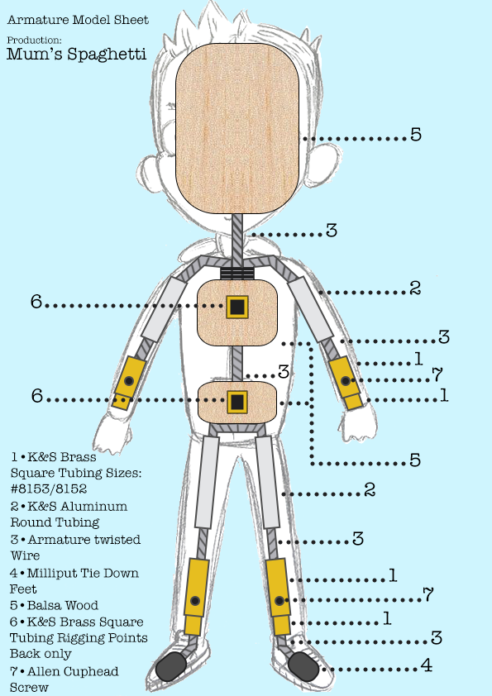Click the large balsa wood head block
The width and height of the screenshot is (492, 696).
click(x=237, y=129)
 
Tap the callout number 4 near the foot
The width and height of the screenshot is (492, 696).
click(x=427, y=665)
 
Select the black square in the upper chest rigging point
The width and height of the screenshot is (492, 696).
click(x=237, y=307)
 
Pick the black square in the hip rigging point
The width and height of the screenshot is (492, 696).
click(x=237, y=402)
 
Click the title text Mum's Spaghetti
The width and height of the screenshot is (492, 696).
click(x=76, y=55)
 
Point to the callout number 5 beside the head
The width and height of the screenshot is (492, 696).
click(x=416, y=135)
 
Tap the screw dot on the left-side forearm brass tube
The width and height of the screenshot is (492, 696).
click(x=129, y=380)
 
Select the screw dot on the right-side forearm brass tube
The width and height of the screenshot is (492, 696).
click(x=346, y=380)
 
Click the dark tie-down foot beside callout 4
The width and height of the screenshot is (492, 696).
click(x=303, y=665)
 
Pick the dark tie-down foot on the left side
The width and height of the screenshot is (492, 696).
click(x=171, y=665)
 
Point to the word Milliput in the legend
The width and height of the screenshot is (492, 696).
click(x=52, y=574)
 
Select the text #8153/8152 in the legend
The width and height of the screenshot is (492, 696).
click(x=49, y=489)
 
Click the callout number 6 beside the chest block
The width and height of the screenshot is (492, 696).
click(x=36, y=302)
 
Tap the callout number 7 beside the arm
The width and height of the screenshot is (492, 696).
click(x=437, y=374)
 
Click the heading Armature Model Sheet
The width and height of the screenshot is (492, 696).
click(x=79, y=20)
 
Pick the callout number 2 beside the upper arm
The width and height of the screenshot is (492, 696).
click(x=415, y=288)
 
